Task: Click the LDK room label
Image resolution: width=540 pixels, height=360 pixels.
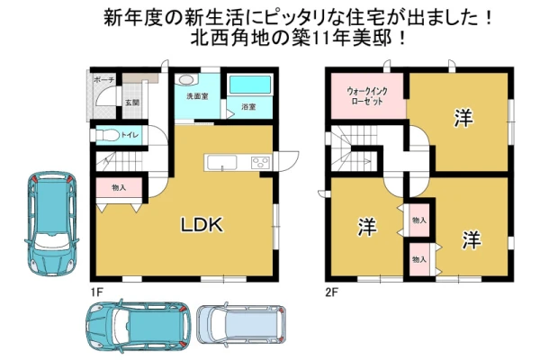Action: click(202, 225)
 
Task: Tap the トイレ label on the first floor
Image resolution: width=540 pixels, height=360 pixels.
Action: click(130, 135)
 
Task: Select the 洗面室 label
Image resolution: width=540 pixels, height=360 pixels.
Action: click(197, 96)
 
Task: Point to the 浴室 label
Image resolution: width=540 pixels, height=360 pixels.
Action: click(248, 107)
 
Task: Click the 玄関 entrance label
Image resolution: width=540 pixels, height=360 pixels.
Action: click(132, 103)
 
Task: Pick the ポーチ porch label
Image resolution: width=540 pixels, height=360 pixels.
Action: click(104, 80)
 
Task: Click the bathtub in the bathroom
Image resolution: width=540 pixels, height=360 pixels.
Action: click(250, 85)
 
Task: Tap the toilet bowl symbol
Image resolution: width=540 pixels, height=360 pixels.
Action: click(107, 135)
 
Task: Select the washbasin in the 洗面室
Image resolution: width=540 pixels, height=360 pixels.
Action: click(185, 80)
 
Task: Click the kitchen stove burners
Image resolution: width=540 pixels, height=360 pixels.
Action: click(261, 162)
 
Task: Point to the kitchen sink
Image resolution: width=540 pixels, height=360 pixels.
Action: click(222, 162)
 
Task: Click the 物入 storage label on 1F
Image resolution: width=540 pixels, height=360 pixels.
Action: click(119, 188)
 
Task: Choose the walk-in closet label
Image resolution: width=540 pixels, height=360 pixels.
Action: click(367, 96)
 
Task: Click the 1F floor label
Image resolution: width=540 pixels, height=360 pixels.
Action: click(97, 292)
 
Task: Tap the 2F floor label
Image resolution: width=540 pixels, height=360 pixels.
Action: click(332, 292)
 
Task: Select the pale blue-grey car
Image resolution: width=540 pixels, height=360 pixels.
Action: click(241, 324)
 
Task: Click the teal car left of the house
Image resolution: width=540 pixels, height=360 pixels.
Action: click(51, 223)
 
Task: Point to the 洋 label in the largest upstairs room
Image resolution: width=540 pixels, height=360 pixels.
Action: click(463, 118)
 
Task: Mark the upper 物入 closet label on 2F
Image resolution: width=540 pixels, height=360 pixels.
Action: click(419, 220)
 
